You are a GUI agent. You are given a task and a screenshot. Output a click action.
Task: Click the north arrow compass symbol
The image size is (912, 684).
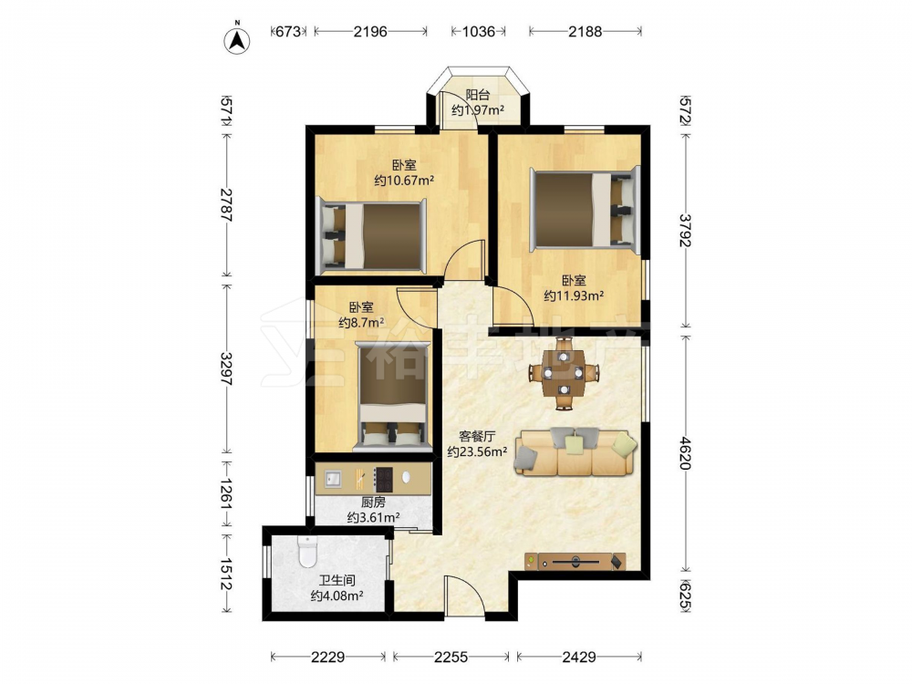pyautogui.click(x=237, y=39)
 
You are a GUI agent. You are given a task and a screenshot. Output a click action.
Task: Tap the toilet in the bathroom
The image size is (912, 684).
pyautogui.click(x=306, y=552)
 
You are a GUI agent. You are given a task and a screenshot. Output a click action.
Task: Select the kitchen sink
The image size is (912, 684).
pyautogui.click(x=334, y=479)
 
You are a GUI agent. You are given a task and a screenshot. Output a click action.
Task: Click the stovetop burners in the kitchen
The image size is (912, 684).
pyautogui.click(x=383, y=479)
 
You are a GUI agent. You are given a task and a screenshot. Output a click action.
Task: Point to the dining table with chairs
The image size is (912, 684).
pyautogui.click(x=564, y=373)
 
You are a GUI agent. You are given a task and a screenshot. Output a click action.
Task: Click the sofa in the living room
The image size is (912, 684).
pyautogui.click(x=575, y=452)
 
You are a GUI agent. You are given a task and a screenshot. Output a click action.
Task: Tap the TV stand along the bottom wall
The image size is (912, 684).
pyautogui.click(x=575, y=561)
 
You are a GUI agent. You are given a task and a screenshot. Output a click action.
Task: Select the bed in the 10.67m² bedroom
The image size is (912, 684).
pyautogui.click(x=371, y=235)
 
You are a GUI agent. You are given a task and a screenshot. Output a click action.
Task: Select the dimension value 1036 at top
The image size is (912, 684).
pyautogui.click(x=478, y=31)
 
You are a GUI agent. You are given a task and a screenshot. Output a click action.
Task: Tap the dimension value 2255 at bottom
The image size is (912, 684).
pyautogui.click(x=451, y=657)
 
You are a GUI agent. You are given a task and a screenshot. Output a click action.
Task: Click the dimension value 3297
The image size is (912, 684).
pyautogui.click(x=226, y=369)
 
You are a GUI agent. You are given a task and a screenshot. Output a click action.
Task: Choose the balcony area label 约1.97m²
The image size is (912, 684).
pyautogui.click(x=478, y=110)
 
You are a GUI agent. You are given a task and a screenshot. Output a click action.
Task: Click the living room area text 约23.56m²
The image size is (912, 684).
pyautogui.click(x=477, y=451)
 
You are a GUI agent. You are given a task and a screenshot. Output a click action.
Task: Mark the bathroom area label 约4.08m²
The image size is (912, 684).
pyautogui.click(x=337, y=596)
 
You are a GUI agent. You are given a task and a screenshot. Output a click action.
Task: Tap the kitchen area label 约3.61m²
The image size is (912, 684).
pyautogui.click(x=373, y=517)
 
